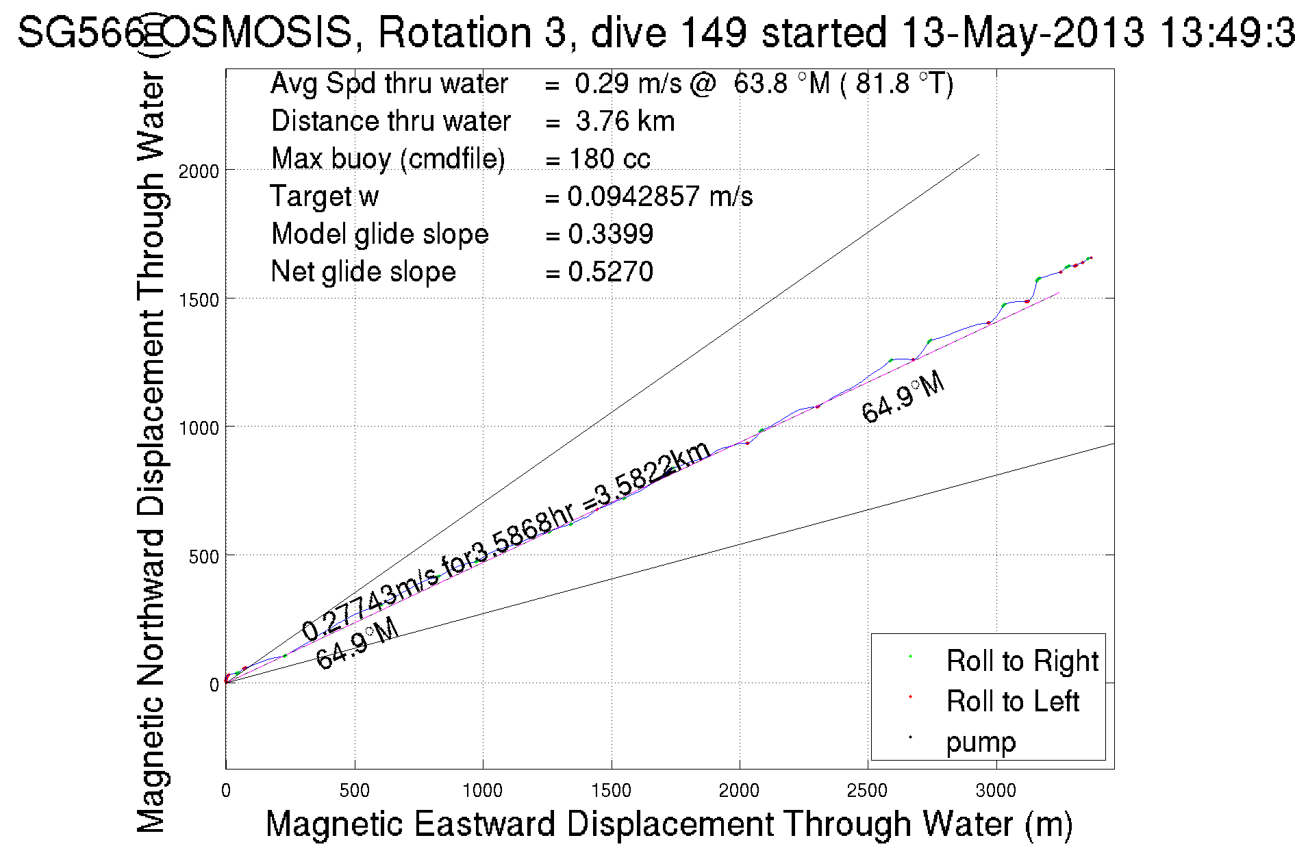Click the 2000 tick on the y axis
(x=199, y=171)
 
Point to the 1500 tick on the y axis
(x=199, y=300)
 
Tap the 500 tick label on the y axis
(x=204, y=557)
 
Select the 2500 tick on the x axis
(x=867, y=791)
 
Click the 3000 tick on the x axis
(x=996, y=791)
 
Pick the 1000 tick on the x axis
(x=483, y=791)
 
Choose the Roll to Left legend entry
(x=1012, y=701)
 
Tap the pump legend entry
(x=981, y=741)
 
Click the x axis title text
(x=668, y=824)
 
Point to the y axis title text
(x=151, y=452)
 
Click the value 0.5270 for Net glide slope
(x=610, y=272)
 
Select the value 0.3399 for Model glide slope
(x=610, y=234)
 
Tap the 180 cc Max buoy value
(x=609, y=159)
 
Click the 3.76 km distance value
(x=625, y=121)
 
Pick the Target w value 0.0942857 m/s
(x=659, y=196)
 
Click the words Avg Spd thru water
(x=389, y=84)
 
